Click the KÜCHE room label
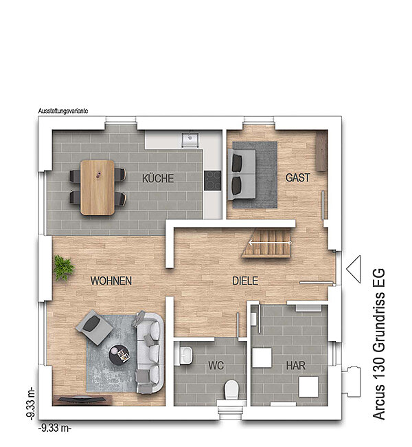(x=158, y=179)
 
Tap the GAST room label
(x=297, y=177)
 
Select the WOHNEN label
(x=111, y=281)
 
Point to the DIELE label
(x=245, y=281)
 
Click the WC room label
(x=216, y=365)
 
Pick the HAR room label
(x=295, y=365)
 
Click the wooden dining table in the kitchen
(x=98, y=187)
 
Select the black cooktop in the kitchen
(x=212, y=180)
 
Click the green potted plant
(x=64, y=268)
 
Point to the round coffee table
(x=119, y=355)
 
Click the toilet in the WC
(x=231, y=390)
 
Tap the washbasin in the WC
(x=185, y=356)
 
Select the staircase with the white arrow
(x=268, y=243)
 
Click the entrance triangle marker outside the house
(x=354, y=269)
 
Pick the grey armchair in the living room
(x=94, y=327)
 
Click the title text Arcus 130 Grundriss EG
(x=378, y=344)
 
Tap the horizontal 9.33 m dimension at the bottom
(x=55, y=428)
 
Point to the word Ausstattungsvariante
(x=63, y=111)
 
